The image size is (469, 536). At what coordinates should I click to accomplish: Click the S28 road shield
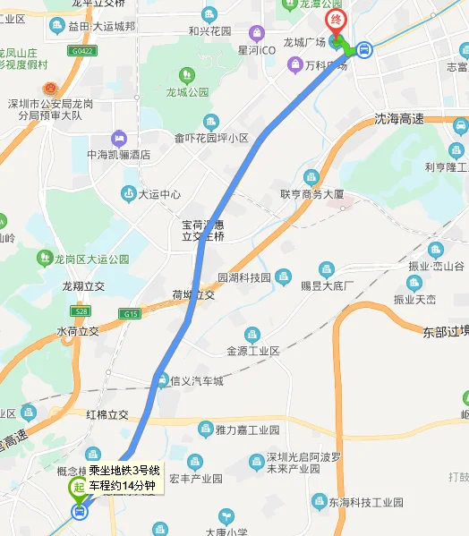81,311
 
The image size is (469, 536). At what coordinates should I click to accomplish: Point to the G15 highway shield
132,314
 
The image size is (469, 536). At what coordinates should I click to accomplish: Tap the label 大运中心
158,193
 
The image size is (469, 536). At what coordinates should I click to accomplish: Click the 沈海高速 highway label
398,119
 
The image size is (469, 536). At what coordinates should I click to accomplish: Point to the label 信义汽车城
196,381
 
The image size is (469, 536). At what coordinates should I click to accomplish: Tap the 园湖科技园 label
244,277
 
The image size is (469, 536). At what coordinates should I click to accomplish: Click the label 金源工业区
253,351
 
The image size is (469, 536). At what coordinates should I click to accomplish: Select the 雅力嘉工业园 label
248,430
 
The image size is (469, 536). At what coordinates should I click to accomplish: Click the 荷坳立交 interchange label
194,294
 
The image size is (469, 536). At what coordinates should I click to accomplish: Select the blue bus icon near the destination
364,50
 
